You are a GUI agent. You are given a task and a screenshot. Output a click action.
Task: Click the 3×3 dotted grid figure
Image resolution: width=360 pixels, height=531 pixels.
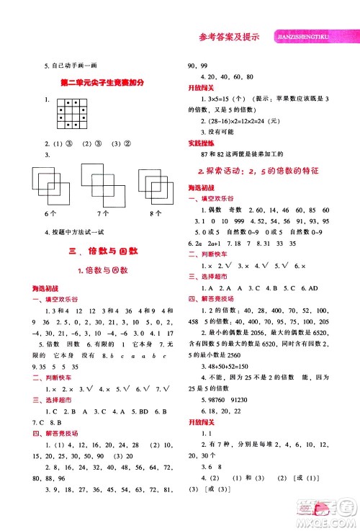[73, 114]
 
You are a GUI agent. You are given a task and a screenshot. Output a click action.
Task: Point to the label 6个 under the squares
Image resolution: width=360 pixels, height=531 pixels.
[50, 214]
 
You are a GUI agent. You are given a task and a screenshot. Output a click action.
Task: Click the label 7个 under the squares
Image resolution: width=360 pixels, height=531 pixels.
[102, 214]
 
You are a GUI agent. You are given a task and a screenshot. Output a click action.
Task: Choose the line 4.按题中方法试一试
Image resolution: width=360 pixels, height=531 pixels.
[76, 231]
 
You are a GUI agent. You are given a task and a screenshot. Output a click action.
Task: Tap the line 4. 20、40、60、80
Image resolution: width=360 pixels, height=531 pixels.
[228, 76]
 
